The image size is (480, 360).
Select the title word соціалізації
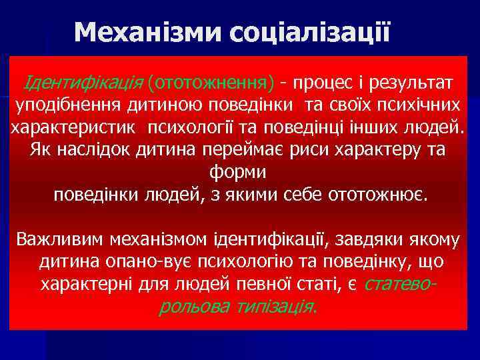pos(309,31)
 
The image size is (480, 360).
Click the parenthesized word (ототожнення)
pos(211,83)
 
